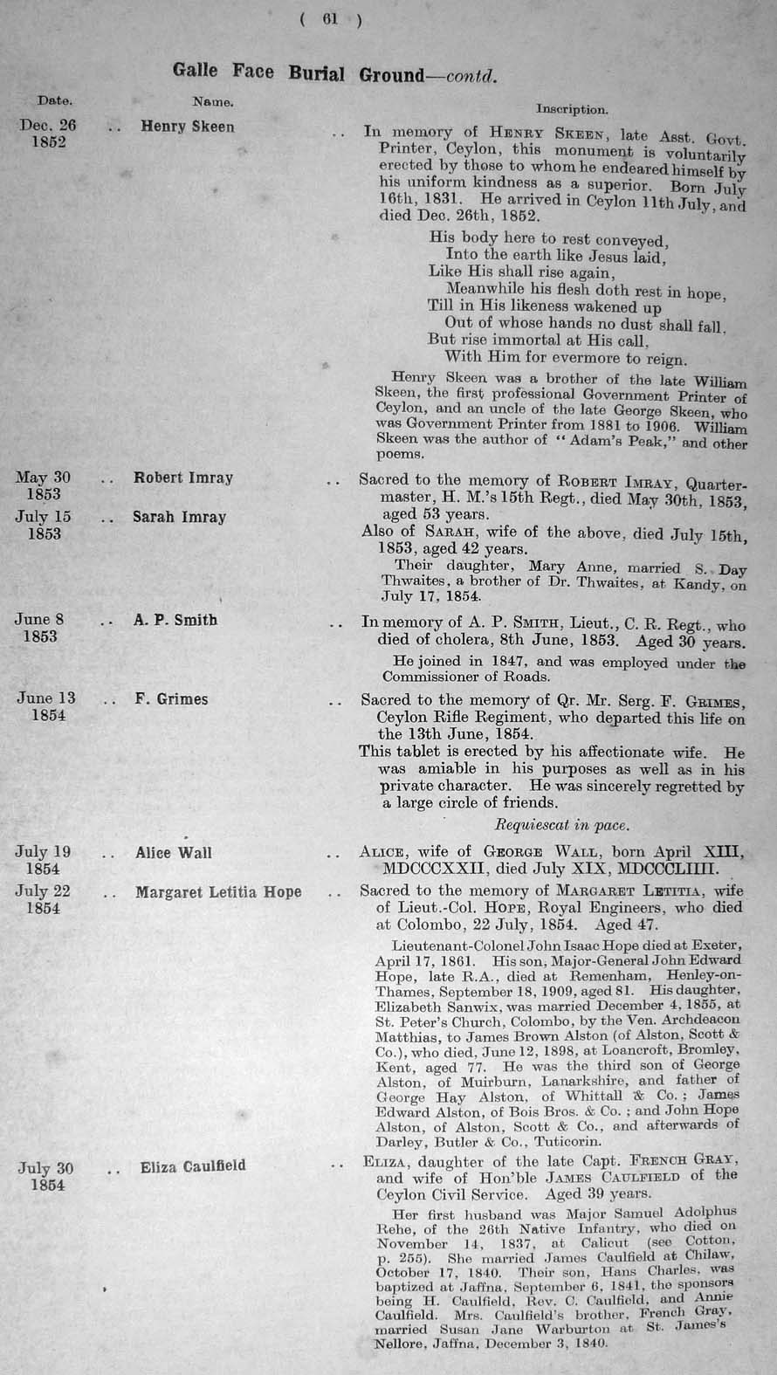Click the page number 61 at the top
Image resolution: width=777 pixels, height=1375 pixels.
point(329,19)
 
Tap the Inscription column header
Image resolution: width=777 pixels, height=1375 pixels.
point(572,110)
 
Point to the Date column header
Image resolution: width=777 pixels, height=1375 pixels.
point(55,100)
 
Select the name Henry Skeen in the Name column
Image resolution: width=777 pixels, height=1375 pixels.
point(188,127)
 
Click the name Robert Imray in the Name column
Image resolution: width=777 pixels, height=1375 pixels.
point(183,478)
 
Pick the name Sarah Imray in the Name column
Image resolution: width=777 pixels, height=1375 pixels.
point(180,517)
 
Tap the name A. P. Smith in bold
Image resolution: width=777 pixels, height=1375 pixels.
point(175,621)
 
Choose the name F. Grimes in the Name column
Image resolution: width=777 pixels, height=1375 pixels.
point(172,699)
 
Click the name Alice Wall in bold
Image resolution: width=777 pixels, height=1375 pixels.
point(174,853)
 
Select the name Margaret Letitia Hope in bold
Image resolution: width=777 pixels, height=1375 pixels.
point(218,892)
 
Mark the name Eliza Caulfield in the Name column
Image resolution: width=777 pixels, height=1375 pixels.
point(193,1166)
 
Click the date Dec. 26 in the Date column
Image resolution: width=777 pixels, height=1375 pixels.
point(48,125)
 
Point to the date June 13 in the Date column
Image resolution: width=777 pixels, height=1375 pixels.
point(45,698)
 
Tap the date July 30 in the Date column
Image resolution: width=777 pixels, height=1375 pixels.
point(46,1168)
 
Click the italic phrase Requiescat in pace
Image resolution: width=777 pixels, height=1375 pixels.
point(561,824)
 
